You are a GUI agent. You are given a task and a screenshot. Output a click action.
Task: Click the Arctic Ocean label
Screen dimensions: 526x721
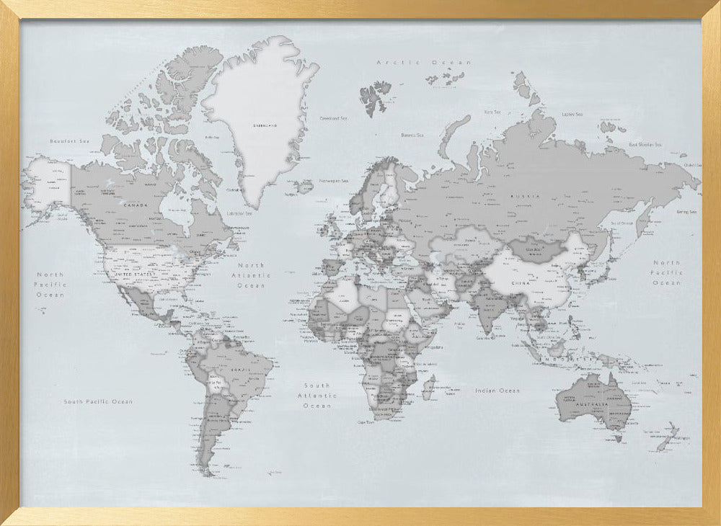click(424, 63)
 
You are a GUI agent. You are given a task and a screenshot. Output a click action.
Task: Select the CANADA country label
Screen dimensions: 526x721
click(136, 205)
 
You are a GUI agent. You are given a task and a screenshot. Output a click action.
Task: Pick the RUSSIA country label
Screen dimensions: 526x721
click(524, 196)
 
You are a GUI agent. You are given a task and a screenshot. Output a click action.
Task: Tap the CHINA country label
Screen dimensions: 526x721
click(521, 283)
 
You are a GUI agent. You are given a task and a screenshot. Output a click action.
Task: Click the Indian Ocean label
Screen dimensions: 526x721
click(497, 391)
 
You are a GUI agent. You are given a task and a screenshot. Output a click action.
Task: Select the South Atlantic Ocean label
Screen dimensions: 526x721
click(317, 396)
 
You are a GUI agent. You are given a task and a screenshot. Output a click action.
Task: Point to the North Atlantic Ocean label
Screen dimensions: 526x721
click(252, 275)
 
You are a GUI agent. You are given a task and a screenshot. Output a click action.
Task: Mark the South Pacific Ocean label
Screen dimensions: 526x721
click(98, 401)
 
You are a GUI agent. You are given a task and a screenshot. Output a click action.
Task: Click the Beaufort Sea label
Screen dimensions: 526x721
click(69, 141)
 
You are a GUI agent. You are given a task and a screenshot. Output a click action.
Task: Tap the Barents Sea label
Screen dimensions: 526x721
click(412, 135)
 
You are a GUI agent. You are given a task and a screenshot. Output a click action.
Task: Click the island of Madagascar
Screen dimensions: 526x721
click(428, 386)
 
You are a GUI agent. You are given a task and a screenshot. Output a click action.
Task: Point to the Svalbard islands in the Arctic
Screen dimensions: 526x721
click(375, 97)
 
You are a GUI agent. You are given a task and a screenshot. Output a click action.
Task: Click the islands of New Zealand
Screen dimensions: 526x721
click(667, 436)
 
